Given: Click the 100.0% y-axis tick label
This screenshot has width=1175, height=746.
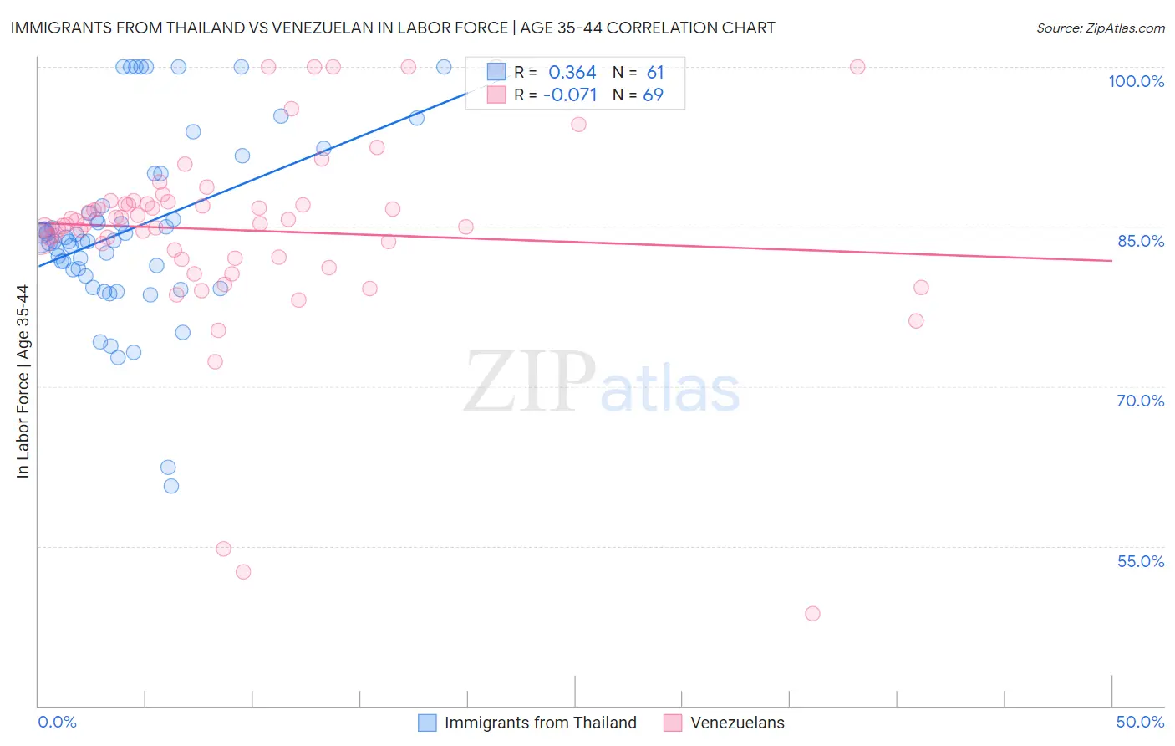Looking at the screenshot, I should pyautogui.click(x=1136, y=81).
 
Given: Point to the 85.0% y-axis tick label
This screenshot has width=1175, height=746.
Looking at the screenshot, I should pyautogui.click(x=1140, y=241).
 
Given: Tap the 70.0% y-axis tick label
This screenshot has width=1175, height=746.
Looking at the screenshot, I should pyautogui.click(x=1140, y=401).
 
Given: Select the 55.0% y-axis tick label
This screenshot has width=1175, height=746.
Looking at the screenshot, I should pyautogui.click(x=1140, y=561).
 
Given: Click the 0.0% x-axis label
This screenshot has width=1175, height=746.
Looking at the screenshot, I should pyautogui.click(x=57, y=722).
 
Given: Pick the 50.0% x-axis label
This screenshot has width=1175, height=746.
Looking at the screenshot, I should pyautogui.click(x=1140, y=722).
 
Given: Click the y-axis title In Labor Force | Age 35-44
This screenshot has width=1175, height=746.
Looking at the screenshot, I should pyautogui.click(x=23, y=381).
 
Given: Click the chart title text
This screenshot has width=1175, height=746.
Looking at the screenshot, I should pyautogui.click(x=393, y=28).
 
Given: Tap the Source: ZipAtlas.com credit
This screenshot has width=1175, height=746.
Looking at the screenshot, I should pyautogui.click(x=1100, y=28).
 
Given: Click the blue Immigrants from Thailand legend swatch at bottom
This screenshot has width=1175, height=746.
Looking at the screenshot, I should pyautogui.click(x=427, y=723).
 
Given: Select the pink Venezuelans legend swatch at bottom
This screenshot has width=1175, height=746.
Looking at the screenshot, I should pyautogui.click(x=673, y=723).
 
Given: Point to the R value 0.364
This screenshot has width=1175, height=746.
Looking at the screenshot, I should pyautogui.click(x=572, y=73).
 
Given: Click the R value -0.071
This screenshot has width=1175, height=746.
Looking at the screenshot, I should pyautogui.click(x=570, y=95).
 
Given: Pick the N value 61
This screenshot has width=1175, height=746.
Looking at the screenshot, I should pyautogui.click(x=654, y=73).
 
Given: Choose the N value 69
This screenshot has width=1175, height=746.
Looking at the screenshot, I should pyautogui.click(x=653, y=95).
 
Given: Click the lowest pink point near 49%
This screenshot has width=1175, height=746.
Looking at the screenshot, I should pyautogui.click(x=812, y=614).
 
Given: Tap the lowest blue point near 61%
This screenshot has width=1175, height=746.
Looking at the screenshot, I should pyautogui.click(x=171, y=486).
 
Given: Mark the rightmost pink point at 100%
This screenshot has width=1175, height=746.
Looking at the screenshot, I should pyautogui.click(x=857, y=67).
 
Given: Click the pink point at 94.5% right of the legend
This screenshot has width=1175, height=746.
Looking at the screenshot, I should pyautogui.click(x=578, y=125).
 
